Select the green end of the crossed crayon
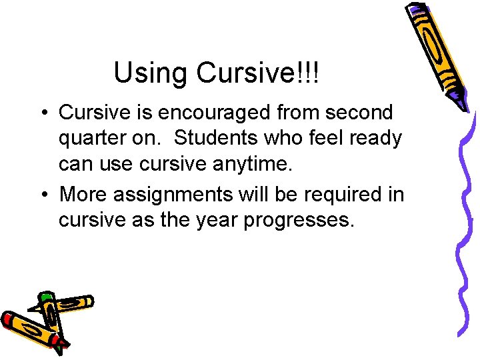[x=45, y=296]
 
